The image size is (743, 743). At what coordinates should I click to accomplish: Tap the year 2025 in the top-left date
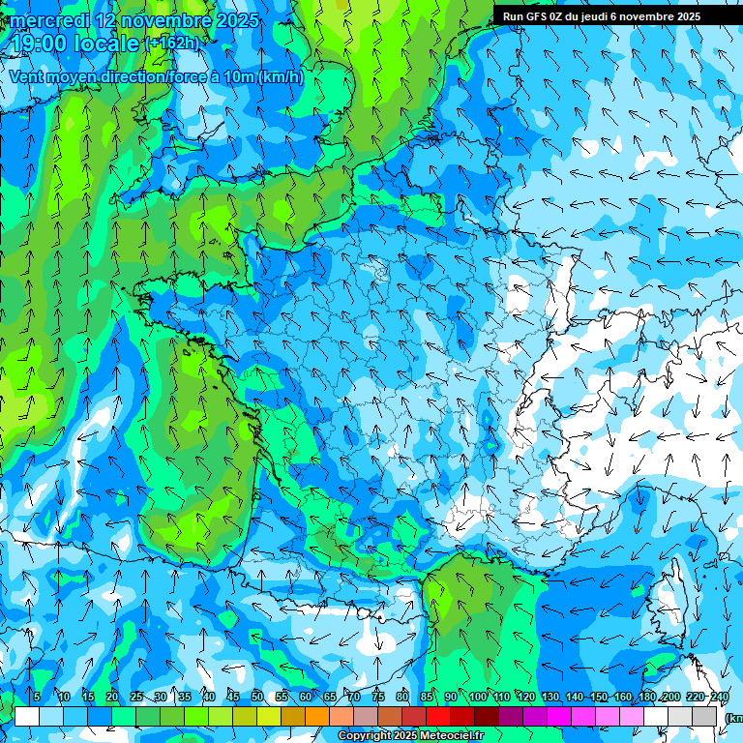coord(236,20)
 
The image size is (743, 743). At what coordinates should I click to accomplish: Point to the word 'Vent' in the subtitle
coord(27,76)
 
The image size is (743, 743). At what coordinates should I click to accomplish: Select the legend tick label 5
coord(37,697)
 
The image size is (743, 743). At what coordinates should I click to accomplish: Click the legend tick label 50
coord(257,697)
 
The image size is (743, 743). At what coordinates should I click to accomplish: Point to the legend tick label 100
coord(477,697)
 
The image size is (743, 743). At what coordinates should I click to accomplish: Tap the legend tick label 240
coord(720,697)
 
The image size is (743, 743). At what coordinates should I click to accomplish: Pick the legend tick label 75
coord(378,697)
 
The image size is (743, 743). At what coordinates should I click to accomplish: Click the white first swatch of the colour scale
coord(27,716)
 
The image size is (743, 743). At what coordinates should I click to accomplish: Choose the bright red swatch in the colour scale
coord(438,716)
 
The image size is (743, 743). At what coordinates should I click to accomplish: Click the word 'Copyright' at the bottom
coord(365,736)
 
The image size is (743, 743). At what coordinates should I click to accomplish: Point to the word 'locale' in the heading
coord(108,44)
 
